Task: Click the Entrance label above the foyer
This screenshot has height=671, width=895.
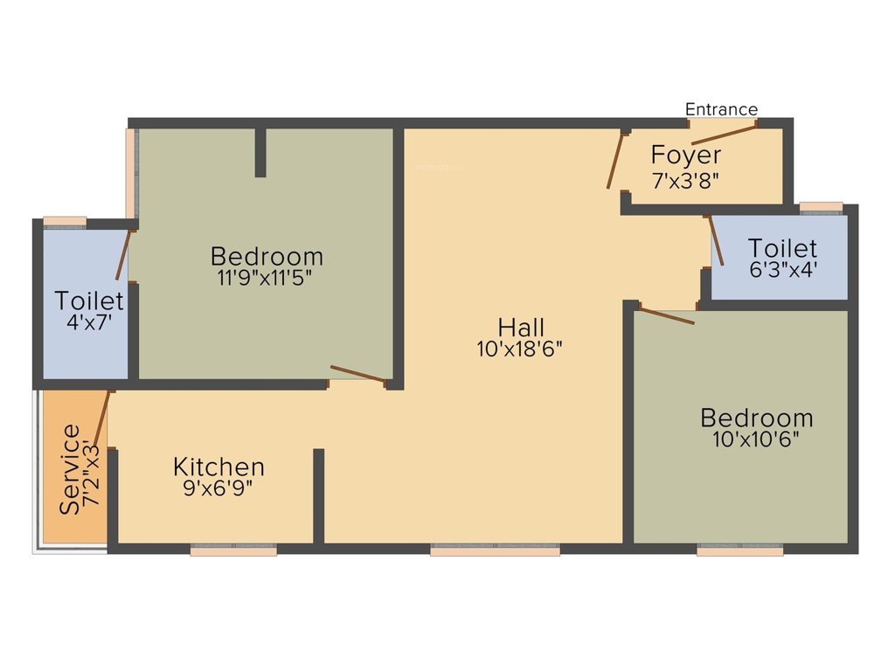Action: click(x=721, y=109)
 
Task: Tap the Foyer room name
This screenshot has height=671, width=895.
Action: click(x=686, y=156)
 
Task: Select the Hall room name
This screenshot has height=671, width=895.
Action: click(x=521, y=328)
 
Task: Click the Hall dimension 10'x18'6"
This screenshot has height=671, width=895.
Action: click(x=521, y=349)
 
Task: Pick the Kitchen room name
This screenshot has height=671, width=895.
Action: click(x=219, y=467)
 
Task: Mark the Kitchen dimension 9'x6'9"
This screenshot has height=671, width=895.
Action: click(x=219, y=488)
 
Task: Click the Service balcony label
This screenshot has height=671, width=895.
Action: click(x=70, y=469)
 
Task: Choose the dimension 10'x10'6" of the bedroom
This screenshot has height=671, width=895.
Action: click(x=757, y=439)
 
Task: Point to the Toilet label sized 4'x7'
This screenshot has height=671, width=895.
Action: click(x=89, y=300)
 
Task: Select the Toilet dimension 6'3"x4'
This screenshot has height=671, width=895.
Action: click(x=783, y=270)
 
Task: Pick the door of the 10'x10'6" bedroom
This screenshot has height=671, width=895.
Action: click(x=666, y=315)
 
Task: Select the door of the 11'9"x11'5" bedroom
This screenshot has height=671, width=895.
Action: click(x=358, y=375)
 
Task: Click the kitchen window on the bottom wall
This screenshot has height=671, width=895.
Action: click(x=233, y=550)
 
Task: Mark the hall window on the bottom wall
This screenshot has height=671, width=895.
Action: click(x=495, y=550)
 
